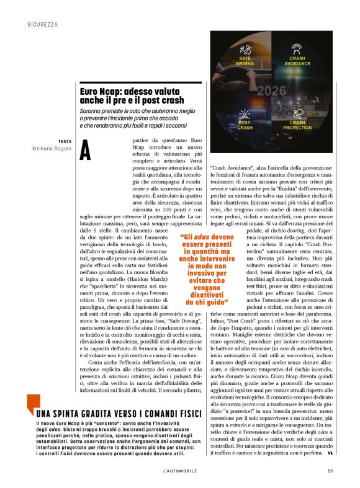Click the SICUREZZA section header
pyautogui.click(x=43, y=24)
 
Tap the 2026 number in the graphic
pyautogui.click(x=271, y=90)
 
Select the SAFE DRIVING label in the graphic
pyautogui.click(x=245, y=61)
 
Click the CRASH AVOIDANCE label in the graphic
pyautogui.click(x=297, y=61)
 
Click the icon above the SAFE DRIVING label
pyautogui.click(x=246, y=49)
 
